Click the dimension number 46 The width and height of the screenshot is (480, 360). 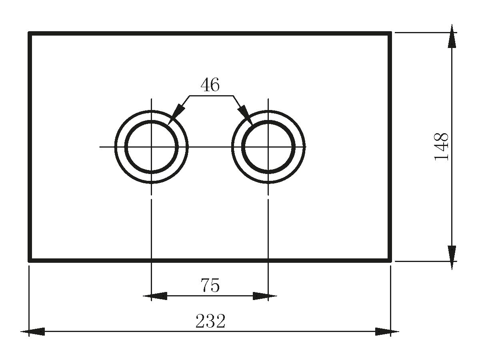pos(210,85)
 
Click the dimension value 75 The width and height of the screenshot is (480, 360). pos(210,286)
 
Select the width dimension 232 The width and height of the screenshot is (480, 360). pos(210,321)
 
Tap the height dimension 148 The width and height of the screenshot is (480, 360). pos(442,147)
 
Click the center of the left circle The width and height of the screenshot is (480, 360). pos(151,147)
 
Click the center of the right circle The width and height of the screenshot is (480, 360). pos(268,147)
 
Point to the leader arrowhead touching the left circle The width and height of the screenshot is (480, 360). pos(174,116)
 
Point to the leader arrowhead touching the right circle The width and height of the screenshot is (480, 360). pos(246,116)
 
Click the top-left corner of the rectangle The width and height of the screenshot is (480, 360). pos(30,34)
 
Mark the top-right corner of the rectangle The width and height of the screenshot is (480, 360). pos(390,34)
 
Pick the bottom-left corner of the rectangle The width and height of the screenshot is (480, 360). pos(30,260)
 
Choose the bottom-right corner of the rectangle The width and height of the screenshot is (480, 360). pos(390,260)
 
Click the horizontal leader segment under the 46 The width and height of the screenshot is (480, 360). pos(211,96)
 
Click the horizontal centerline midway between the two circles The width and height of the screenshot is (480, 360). pos(210,147)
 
